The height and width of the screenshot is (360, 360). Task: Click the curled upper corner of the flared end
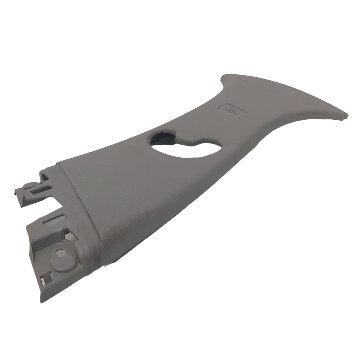tap(225, 79)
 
